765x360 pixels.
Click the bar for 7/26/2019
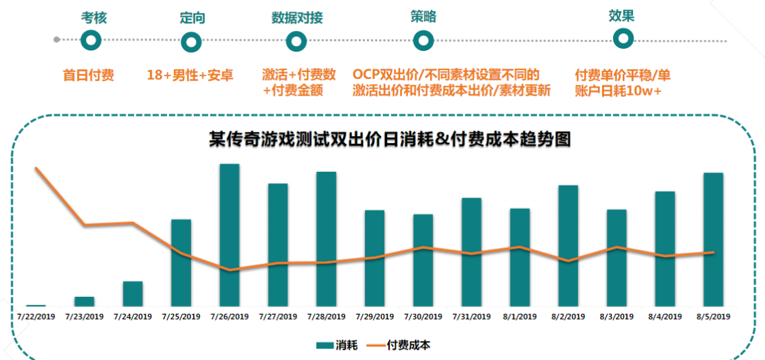(230, 234)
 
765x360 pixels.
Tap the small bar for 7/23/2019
(85, 301)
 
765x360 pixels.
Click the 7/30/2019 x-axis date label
(423, 317)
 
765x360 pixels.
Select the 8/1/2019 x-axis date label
(520, 317)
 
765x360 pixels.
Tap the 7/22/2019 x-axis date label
(36, 317)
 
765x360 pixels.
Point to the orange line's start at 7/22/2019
(36, 168)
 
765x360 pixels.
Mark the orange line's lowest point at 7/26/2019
(230, 270)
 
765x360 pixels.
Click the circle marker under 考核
(91, 41)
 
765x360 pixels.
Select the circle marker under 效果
(623, 39)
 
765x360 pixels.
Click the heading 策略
(423, 16)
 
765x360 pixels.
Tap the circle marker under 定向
(192, 41)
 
